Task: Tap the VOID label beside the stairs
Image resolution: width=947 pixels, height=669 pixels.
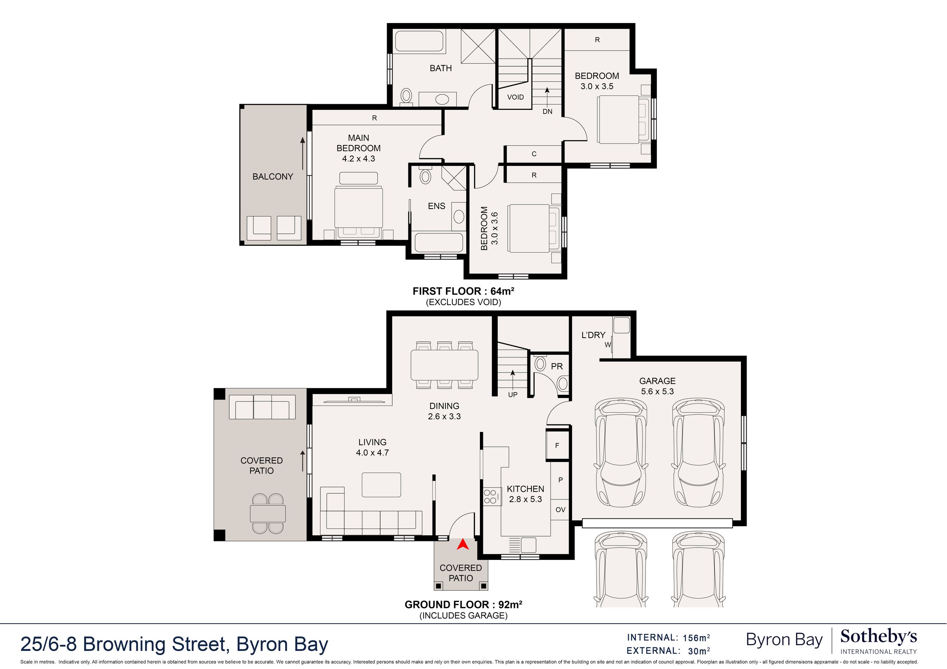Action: (x=516, y=97)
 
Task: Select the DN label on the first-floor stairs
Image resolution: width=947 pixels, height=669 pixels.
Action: (x=547, y=111)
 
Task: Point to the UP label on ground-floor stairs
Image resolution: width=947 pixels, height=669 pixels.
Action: (x=513, y=395)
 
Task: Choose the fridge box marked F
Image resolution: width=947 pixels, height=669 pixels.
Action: (x=557, y=445)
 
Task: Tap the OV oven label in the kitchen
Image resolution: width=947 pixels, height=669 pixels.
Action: (x=560, y=510)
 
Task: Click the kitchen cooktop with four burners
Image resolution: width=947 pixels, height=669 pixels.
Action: (x=491, y=496)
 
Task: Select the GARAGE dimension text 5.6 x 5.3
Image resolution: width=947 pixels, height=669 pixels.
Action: (x=658, y=391)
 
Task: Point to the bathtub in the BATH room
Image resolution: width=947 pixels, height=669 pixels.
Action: (x=419, y=42)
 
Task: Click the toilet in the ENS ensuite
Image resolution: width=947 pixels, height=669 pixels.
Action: (x=425, y=176)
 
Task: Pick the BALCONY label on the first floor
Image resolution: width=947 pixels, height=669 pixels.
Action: (x=273, y=176)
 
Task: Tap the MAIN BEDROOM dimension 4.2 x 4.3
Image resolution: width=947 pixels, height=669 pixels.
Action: (x=358, y=159)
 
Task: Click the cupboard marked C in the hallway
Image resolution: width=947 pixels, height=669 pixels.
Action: (x=534, y=154)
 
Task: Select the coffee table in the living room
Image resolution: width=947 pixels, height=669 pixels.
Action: (x=381, y=485)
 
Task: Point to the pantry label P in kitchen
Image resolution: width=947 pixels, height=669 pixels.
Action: (x=561, y=480)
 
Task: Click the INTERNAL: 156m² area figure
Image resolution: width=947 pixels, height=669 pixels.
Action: (x=669, y=638)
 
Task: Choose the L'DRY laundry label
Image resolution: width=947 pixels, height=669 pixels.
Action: (x=593, y=335)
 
